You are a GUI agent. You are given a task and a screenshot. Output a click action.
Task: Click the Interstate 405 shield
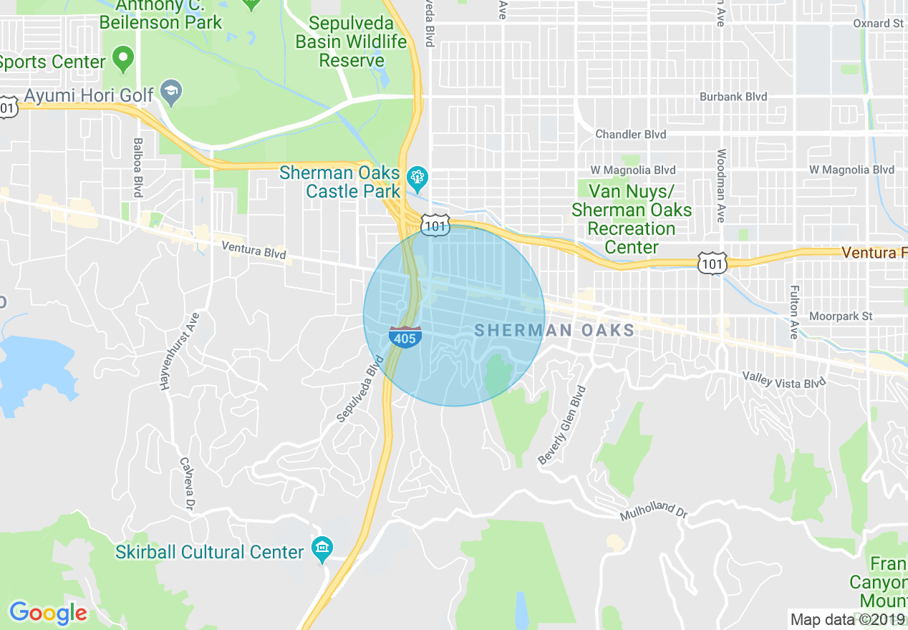point(405,336)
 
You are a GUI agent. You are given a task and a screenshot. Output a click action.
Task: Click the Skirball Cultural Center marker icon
point(322,550)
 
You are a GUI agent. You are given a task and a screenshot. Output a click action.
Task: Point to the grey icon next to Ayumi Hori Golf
point(171,92)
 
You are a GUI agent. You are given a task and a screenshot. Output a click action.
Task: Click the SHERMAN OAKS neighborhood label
point(554,330)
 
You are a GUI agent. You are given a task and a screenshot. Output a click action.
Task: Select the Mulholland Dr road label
point(653,510)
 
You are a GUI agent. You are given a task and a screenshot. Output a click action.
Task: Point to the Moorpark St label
point(841,316)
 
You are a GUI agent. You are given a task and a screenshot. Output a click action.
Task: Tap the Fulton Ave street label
point(794,312)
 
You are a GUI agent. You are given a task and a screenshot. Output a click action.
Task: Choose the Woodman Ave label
point(721,185)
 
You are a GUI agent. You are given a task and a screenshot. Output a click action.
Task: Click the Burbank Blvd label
point(733,97)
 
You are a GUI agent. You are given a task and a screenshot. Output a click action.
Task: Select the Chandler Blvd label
point(630,134)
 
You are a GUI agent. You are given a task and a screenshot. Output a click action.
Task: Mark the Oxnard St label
point(878,24)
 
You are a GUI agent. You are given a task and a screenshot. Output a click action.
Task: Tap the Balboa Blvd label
point(138,168)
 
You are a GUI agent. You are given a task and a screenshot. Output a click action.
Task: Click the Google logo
point(48,613)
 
